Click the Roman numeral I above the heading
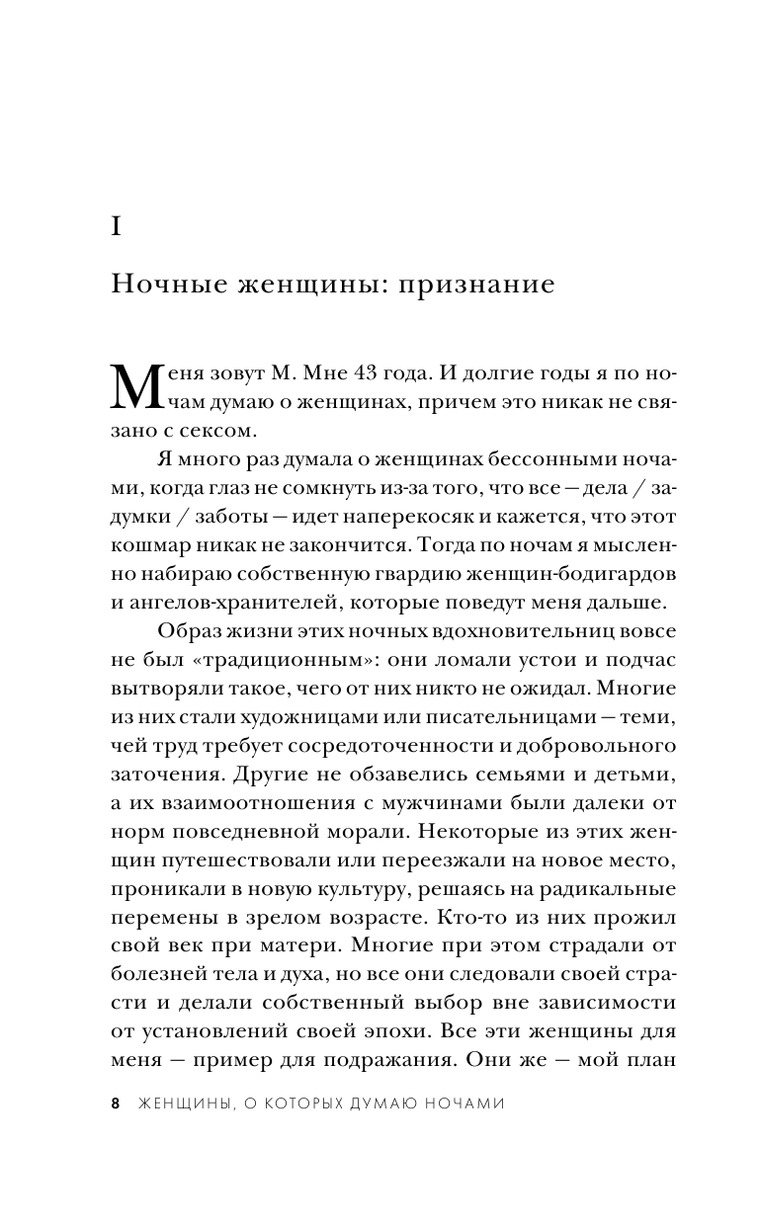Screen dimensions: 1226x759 [x=117, y=226]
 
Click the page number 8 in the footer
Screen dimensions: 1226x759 [x=117, y=1103]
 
